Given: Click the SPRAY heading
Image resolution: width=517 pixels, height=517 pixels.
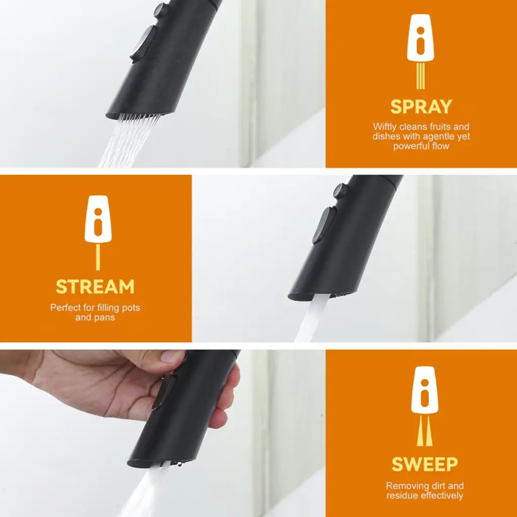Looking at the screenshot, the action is click(421, 107).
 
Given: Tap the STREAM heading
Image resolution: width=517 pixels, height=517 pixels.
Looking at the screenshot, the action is click(95, 287).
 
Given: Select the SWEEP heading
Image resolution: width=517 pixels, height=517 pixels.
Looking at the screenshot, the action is click(425, 464).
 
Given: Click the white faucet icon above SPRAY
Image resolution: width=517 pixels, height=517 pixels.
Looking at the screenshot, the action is click(421, 38).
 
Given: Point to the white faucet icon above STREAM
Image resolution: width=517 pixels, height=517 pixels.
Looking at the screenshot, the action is click(98, 219).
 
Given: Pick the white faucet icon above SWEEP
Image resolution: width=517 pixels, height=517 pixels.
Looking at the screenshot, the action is click(425, 390).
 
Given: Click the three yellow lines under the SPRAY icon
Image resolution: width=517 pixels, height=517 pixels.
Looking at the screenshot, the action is click(421, 76).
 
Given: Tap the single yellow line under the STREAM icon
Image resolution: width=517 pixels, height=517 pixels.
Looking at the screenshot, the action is click(98, 257).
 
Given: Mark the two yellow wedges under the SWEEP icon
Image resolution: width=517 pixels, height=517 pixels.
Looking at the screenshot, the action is click(425, 431).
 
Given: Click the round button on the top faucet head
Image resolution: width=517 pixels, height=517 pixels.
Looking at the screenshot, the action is click(161, 10).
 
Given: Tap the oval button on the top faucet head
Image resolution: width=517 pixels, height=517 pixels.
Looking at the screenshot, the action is click(143, 44).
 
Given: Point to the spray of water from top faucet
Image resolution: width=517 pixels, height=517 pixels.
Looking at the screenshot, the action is click(129, 141).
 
